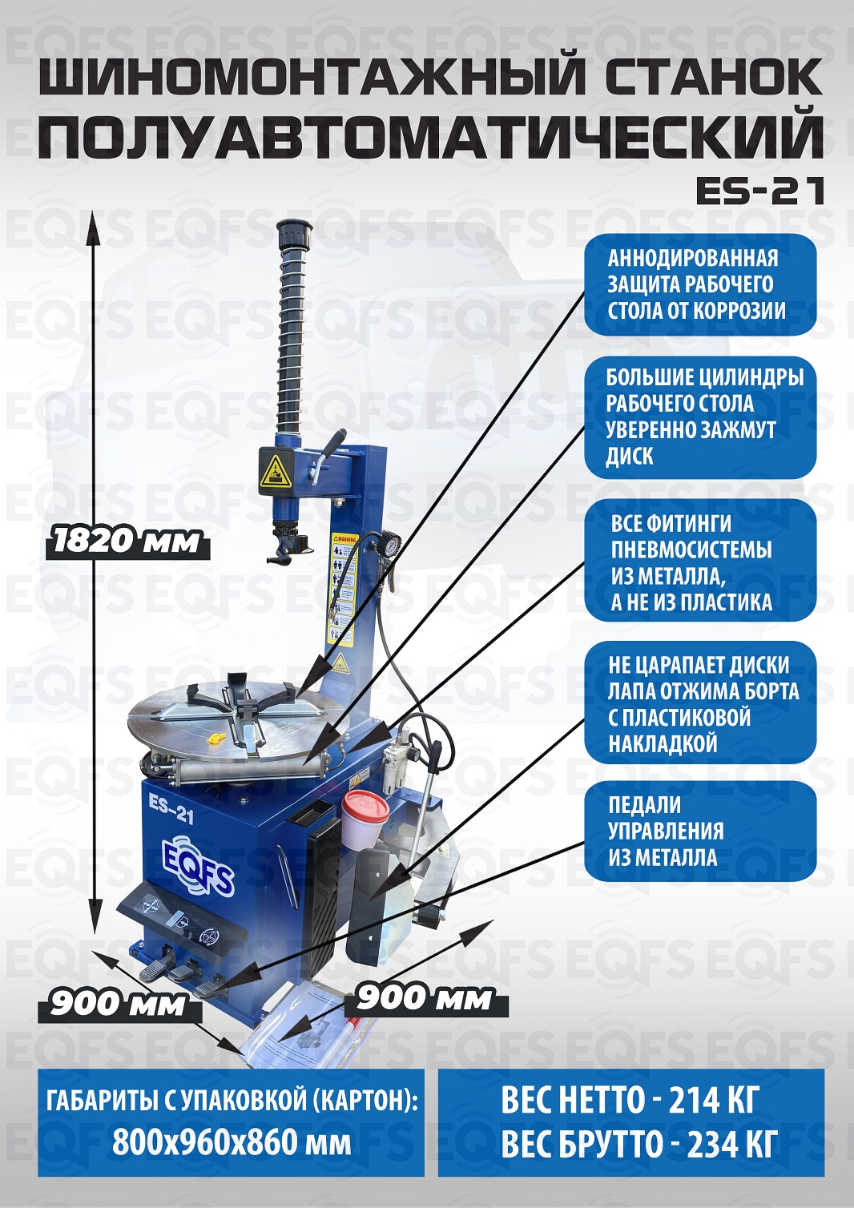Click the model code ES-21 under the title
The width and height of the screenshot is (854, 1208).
click(759, 191)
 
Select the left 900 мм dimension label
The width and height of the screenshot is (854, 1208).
click(118, 1004)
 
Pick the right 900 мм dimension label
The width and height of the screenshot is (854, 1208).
click(424, 998)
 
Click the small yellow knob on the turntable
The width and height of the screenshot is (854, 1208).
click(215, 739)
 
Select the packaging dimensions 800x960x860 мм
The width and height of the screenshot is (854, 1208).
click(232, 1141)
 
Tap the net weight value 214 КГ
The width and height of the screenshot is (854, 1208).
click(712, 1100)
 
